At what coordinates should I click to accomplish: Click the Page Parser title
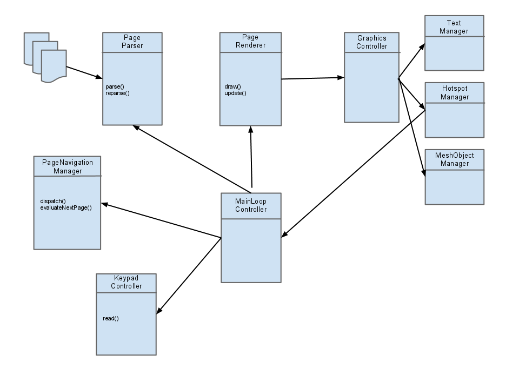(132, 42)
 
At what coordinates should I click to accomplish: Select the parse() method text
(115, 86)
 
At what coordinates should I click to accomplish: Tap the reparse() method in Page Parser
(117, 93)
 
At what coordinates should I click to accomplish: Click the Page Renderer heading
(250, 42)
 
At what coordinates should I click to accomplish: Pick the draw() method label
(232, 86)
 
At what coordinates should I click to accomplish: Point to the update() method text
(235, 93)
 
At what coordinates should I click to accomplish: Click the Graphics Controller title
(372, 42)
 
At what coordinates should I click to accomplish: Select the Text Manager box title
(454, 27)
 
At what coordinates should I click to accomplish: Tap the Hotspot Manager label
(455, 92)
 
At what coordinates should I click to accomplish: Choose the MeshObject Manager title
(455, 159)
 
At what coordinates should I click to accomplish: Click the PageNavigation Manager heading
(68, 167)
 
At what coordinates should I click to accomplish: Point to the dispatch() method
(53, 201)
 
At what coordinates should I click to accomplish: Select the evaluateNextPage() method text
(66, 207)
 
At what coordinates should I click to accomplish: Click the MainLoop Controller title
(251, 205)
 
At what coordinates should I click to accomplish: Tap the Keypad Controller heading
(126, 282)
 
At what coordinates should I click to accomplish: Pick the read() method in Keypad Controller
(110, 319)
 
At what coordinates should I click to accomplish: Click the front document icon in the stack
(54, 66)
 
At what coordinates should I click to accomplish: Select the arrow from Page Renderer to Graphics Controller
(313, 78)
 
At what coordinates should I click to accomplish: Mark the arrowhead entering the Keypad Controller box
(159, 310)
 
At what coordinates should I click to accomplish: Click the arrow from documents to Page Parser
(84, 72)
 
